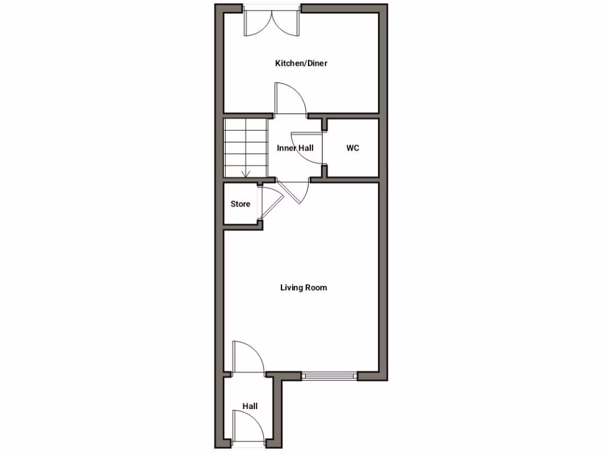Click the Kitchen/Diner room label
click(301, 63)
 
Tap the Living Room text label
click(303, 288)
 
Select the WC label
click(352, 148)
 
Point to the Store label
click(240, 204)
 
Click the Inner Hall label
click(295, 148)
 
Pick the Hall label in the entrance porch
click(250, 406)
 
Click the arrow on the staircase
click(246, 172)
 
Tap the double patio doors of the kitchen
click(272, 22)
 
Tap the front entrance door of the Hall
click(247, 426)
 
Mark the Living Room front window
click(329, 374)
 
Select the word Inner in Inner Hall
click(287, 148)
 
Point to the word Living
click(291, 288)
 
